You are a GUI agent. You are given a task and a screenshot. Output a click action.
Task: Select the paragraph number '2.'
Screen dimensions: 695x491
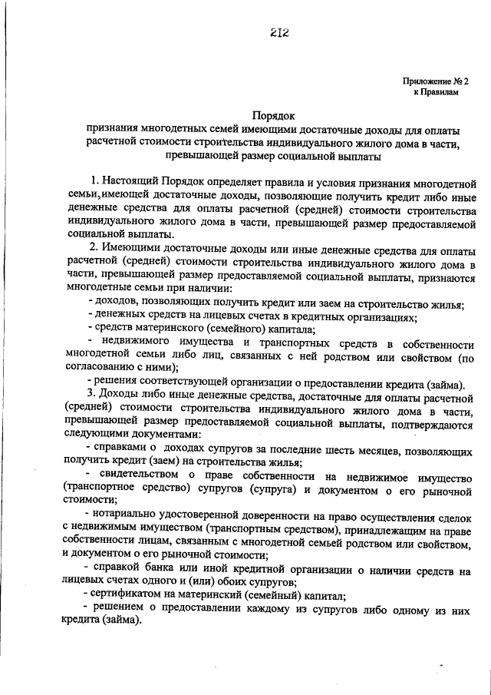94,250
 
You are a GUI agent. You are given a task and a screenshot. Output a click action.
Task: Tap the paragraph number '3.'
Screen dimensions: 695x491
94,395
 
